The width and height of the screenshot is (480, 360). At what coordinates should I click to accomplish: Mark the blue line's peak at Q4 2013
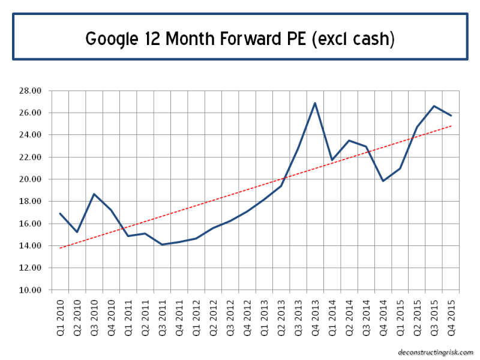tap(315, 103)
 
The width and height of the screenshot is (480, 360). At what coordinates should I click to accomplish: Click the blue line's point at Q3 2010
tap(94, 194)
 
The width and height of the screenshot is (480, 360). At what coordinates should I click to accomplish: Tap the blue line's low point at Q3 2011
tap(162, 245)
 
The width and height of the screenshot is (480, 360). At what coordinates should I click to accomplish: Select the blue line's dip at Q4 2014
tap(383, 181)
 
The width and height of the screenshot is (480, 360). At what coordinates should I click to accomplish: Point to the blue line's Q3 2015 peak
tap(434, 106)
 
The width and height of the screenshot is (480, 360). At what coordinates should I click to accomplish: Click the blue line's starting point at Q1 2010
tap(59, 214)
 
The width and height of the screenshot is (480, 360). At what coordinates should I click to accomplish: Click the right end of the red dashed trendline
tap(451, 126)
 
